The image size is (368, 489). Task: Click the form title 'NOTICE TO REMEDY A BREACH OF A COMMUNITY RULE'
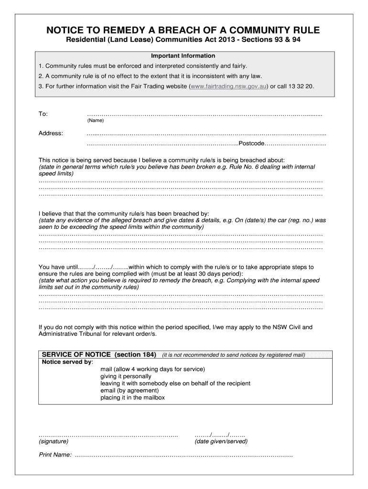click(183, 31)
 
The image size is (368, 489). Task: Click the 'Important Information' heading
click(183, 56)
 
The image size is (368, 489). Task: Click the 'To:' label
click(43, 114)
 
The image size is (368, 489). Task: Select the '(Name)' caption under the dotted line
click(95, 121)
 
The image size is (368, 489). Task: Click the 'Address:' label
click(51, 133)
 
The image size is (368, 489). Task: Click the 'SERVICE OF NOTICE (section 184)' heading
click(99, 355)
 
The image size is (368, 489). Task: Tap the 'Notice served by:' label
click(67, 362)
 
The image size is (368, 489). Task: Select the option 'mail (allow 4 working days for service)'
click(152, 369)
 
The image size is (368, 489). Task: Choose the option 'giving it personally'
click(126, 376)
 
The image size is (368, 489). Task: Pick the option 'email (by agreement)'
click(130, 390)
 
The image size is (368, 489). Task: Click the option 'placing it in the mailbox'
click(132, 397)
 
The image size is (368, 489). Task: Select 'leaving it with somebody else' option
click(175, 383)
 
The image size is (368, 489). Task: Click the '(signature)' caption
click(54, 441)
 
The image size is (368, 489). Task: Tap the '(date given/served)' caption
click(221, 441)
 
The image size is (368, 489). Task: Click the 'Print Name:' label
click(55, 455)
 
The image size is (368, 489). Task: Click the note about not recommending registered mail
click(233, 355)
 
